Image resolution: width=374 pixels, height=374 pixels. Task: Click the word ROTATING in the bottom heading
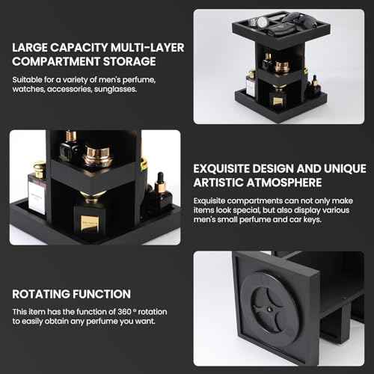tap(37, 294)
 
